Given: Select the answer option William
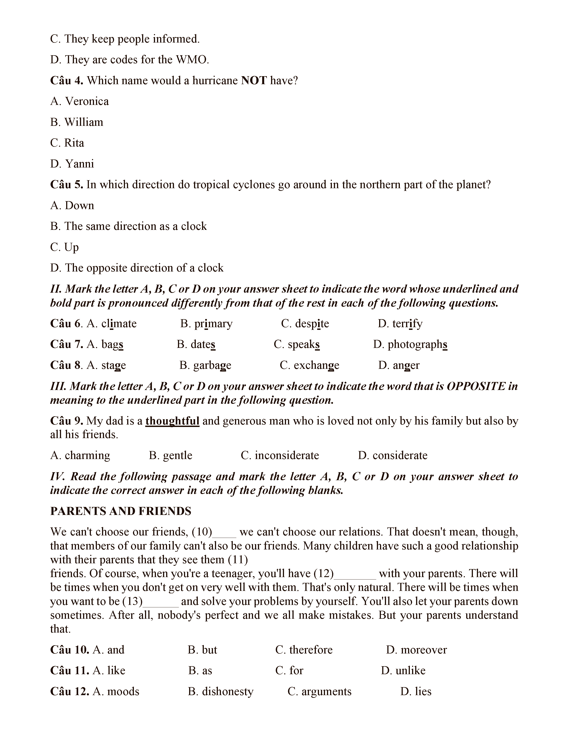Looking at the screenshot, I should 84,122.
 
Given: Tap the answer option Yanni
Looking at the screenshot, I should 80,164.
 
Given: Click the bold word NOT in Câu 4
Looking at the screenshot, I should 254,80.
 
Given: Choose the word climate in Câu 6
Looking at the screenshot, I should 119,324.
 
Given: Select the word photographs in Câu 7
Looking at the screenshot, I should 417,345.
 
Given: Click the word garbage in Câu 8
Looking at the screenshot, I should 212,365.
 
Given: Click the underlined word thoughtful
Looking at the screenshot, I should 172,421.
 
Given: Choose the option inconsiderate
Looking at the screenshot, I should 287,455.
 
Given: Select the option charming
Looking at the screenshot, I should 87,455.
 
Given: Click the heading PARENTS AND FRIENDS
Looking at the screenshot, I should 121,511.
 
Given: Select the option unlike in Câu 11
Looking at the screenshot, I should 410,671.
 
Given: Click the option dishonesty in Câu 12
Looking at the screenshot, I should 227,692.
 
